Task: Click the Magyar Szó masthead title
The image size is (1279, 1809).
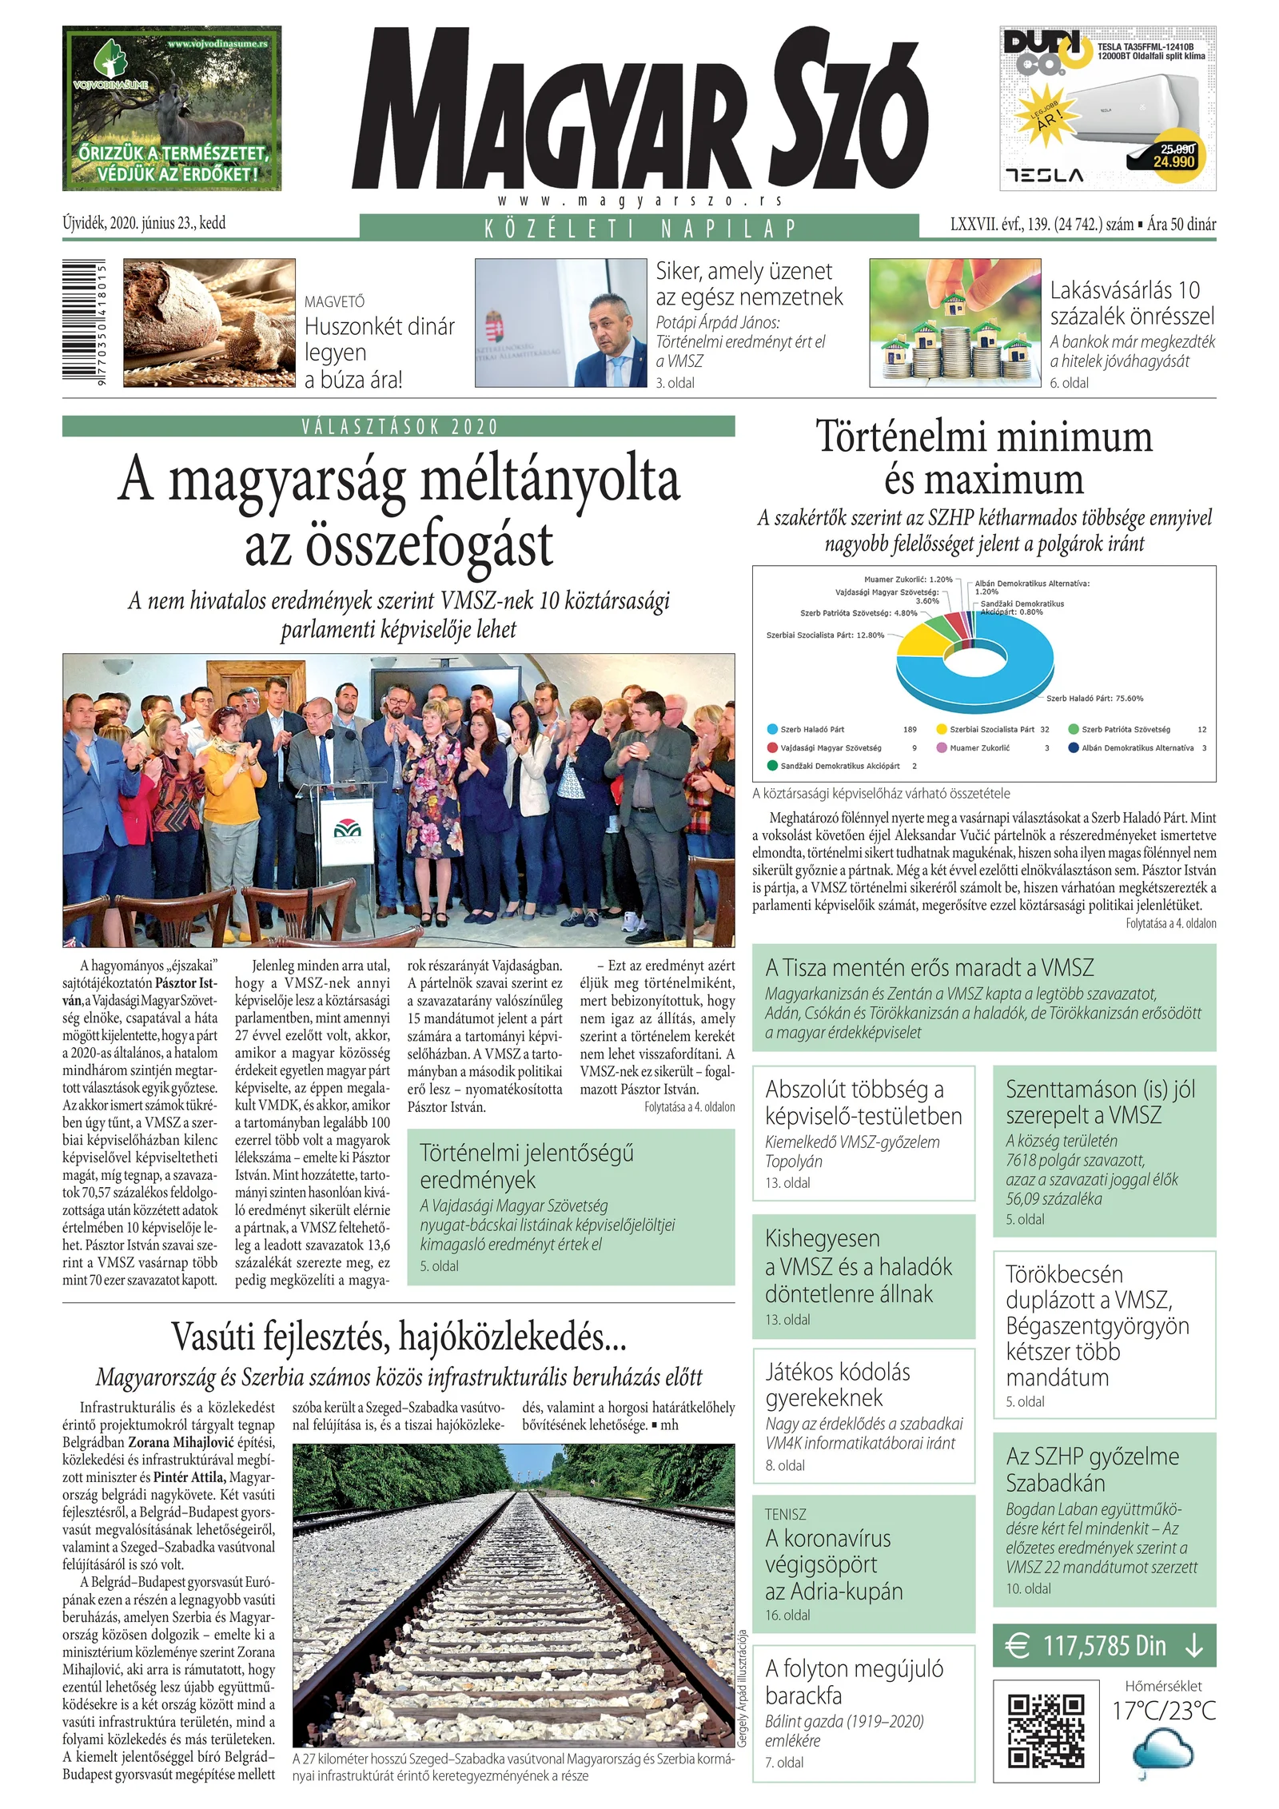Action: [639, 108]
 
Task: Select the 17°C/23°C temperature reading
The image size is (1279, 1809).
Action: [1164, 1710]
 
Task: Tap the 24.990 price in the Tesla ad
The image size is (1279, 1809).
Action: [1173, 161]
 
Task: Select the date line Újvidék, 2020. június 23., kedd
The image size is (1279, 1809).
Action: [144, 223]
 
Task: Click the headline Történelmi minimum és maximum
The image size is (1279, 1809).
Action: [983, 458]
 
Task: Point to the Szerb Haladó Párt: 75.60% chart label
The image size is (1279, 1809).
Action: [1094, 699]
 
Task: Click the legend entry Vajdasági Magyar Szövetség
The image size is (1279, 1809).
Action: [830, 748]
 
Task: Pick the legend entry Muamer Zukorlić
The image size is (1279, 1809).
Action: [978, 748]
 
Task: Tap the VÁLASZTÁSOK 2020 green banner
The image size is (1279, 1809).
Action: [398, 426]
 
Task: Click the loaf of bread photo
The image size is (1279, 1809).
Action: [209, 323]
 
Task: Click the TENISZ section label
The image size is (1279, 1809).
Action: [785, 1514]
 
